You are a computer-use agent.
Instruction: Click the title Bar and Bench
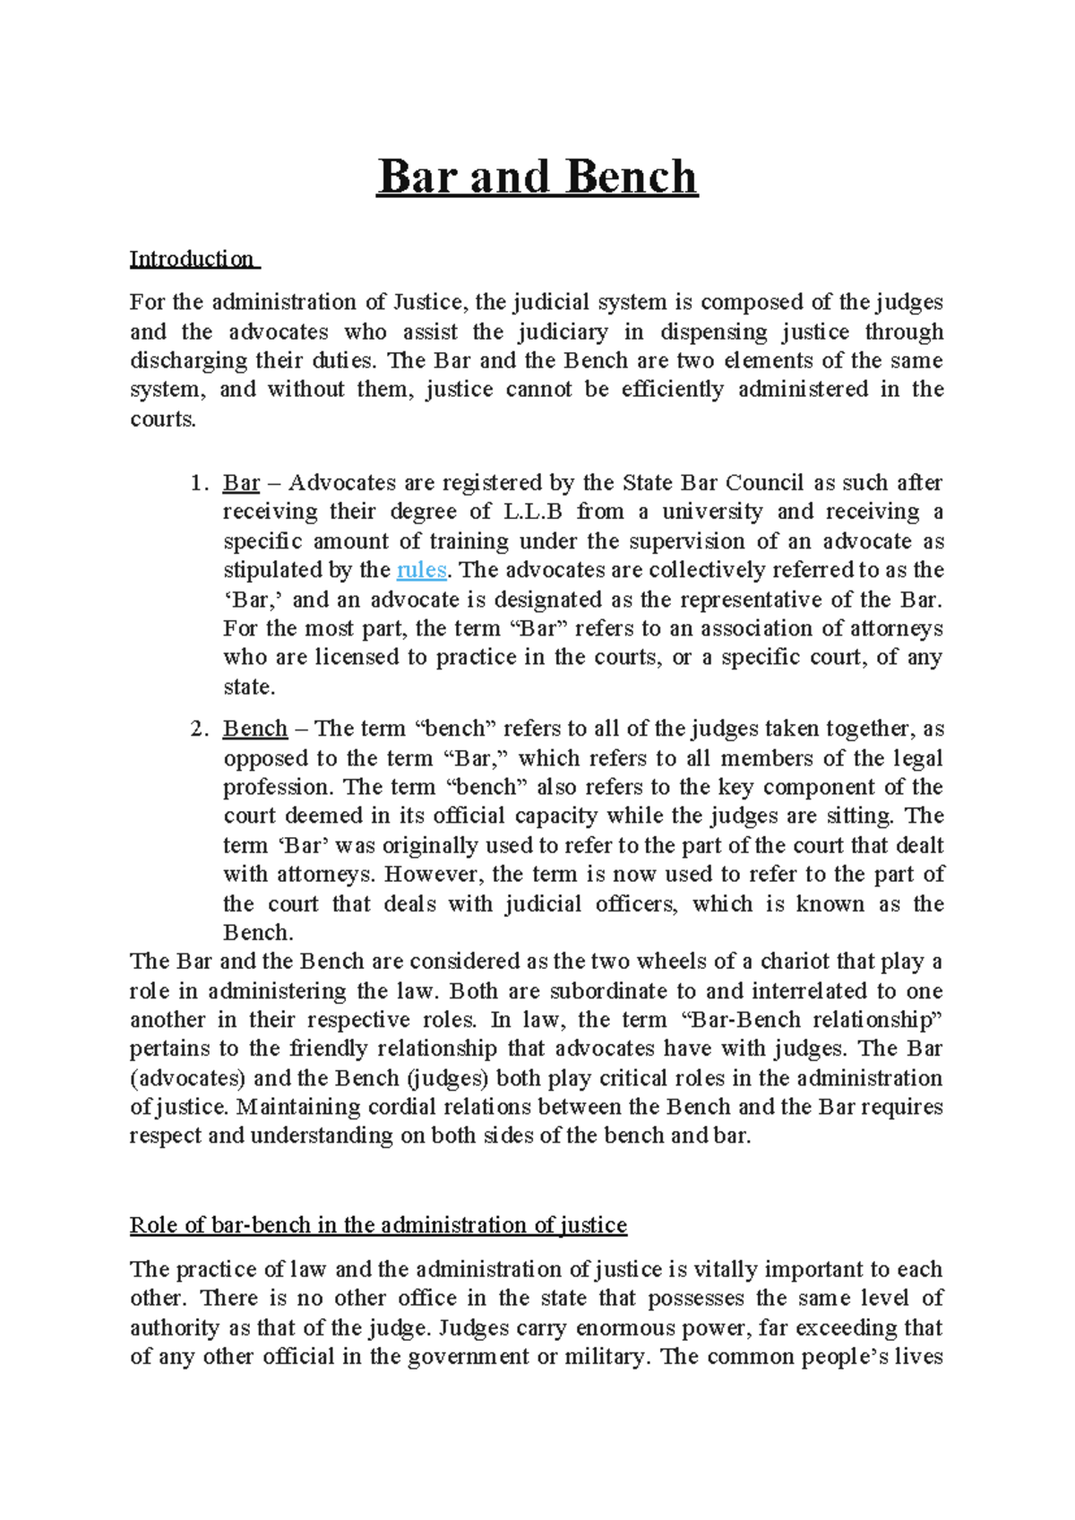(537, 177)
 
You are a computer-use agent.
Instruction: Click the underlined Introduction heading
(193, 259)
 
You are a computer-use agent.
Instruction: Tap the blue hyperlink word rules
(421, 570)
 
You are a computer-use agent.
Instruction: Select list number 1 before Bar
(199, 483)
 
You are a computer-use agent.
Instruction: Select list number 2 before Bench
(199, 729)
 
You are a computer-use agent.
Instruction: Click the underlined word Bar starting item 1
(241, 483)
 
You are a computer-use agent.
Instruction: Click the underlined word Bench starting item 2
(255, 729)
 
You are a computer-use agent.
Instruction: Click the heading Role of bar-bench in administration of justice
(378, 1225)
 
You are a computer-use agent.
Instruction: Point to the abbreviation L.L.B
(533, 512)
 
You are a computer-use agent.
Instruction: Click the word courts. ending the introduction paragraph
(162, 419)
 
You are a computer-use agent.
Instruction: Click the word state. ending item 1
(249, 687)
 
